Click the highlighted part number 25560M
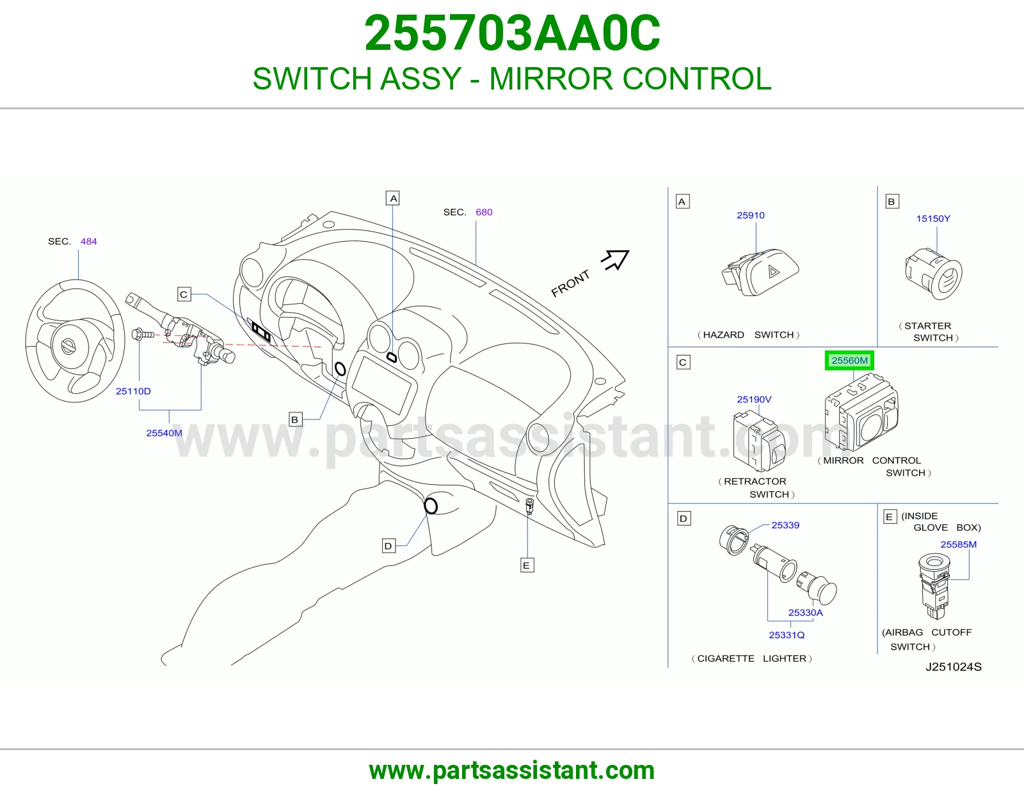coord(849,361)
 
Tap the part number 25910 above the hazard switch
coord(751,216)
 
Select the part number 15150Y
coord(933,219)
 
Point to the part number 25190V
coord(754,399)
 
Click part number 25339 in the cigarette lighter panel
coord(785,525)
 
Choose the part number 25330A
coord(805,613)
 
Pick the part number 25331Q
coord(787,635)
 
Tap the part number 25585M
coord(959,544)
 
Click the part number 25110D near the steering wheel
coord(133,391)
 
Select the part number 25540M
coord(164,433)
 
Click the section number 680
coord(484,212)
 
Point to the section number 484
coord(88,241)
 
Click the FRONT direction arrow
coord(616,260)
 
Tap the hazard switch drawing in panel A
coord(760,272)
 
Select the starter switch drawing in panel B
coord(934,274)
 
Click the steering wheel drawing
coord(75,341)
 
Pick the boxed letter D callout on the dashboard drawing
coord(388,546)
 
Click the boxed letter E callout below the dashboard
coord(527,565)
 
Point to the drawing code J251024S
coord(954,667)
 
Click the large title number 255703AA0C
coord(512,33)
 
